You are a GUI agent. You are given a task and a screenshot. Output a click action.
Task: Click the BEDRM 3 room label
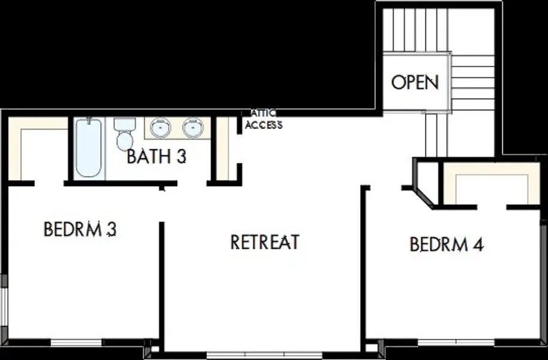(80, 229)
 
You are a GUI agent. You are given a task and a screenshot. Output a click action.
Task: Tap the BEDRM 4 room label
(447, 244)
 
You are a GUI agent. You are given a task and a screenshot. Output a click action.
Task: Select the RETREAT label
(265, 242)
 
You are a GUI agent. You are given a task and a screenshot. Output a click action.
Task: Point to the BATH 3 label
(156, 156)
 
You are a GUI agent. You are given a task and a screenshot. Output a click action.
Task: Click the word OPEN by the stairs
(415, 82)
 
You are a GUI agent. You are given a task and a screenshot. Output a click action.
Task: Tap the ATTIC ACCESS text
(263, 119)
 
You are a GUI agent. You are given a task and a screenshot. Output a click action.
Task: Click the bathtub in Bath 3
(88, 148)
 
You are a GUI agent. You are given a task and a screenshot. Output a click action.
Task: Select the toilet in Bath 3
(125, 134)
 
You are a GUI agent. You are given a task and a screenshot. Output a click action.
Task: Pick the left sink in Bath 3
(160, 128)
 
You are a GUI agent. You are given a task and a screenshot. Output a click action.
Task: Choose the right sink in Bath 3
(193, 128)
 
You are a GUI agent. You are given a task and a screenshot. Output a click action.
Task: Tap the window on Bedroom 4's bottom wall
(456, 342)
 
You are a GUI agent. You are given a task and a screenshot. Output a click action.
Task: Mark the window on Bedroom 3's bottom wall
(77, 342)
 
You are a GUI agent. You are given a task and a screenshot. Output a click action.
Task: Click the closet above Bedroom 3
(38, 149)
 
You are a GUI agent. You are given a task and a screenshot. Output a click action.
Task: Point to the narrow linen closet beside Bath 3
(223, 149)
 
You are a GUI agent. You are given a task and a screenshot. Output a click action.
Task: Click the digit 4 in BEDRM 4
(478, 245)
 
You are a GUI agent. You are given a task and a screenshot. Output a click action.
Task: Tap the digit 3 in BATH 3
(181, 156)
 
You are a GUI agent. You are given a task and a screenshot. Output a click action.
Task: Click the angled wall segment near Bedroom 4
(424, 198)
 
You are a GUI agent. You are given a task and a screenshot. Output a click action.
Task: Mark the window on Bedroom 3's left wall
(4, 307)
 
